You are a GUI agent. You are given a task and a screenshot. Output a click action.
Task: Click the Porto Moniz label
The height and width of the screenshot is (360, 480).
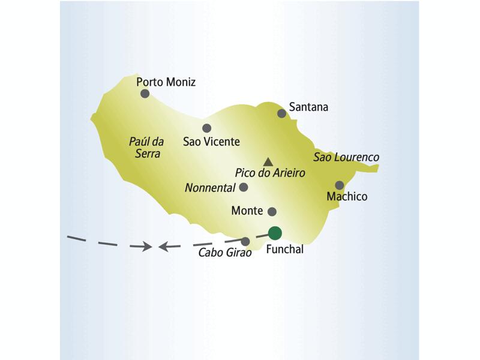[166, 82]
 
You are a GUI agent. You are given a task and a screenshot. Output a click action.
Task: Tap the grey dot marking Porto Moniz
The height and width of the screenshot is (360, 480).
[145, 94]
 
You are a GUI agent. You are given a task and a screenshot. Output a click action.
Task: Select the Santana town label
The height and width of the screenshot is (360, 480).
[308, 107]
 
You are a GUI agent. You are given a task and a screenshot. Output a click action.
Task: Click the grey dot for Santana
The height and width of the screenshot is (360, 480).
[281, 113]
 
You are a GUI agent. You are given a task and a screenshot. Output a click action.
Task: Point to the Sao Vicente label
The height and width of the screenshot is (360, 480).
[211, 142]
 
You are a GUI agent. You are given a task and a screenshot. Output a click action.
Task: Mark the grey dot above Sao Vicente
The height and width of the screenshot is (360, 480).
[207, 128]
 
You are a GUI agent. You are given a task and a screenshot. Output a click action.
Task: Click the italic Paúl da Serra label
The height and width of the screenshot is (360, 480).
[146, 148]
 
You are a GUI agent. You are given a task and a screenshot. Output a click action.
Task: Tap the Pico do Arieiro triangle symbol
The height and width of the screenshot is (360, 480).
[268, 161]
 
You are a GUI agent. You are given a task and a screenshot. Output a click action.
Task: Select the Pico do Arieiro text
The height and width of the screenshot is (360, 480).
[270, 173]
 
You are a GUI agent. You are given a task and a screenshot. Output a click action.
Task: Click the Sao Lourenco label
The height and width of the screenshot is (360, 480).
[346, 157]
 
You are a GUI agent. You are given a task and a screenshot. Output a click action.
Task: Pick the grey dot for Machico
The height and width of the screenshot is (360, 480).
[340, 185]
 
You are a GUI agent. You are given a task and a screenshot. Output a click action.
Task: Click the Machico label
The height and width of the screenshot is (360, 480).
[347, 196]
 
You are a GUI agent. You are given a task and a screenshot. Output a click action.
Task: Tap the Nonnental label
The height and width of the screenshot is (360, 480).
[210, 188]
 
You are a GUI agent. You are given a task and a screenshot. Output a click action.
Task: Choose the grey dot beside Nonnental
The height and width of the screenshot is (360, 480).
[244, 187]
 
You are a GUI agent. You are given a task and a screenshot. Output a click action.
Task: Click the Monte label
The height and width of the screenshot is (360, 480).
[247, 211]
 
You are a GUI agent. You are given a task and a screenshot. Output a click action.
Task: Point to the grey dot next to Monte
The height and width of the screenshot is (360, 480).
[272, 211]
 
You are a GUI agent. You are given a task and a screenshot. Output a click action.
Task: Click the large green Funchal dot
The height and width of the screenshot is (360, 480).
[275, 233]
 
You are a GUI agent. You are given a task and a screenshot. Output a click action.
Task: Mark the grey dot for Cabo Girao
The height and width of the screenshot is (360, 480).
[245, 241]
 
